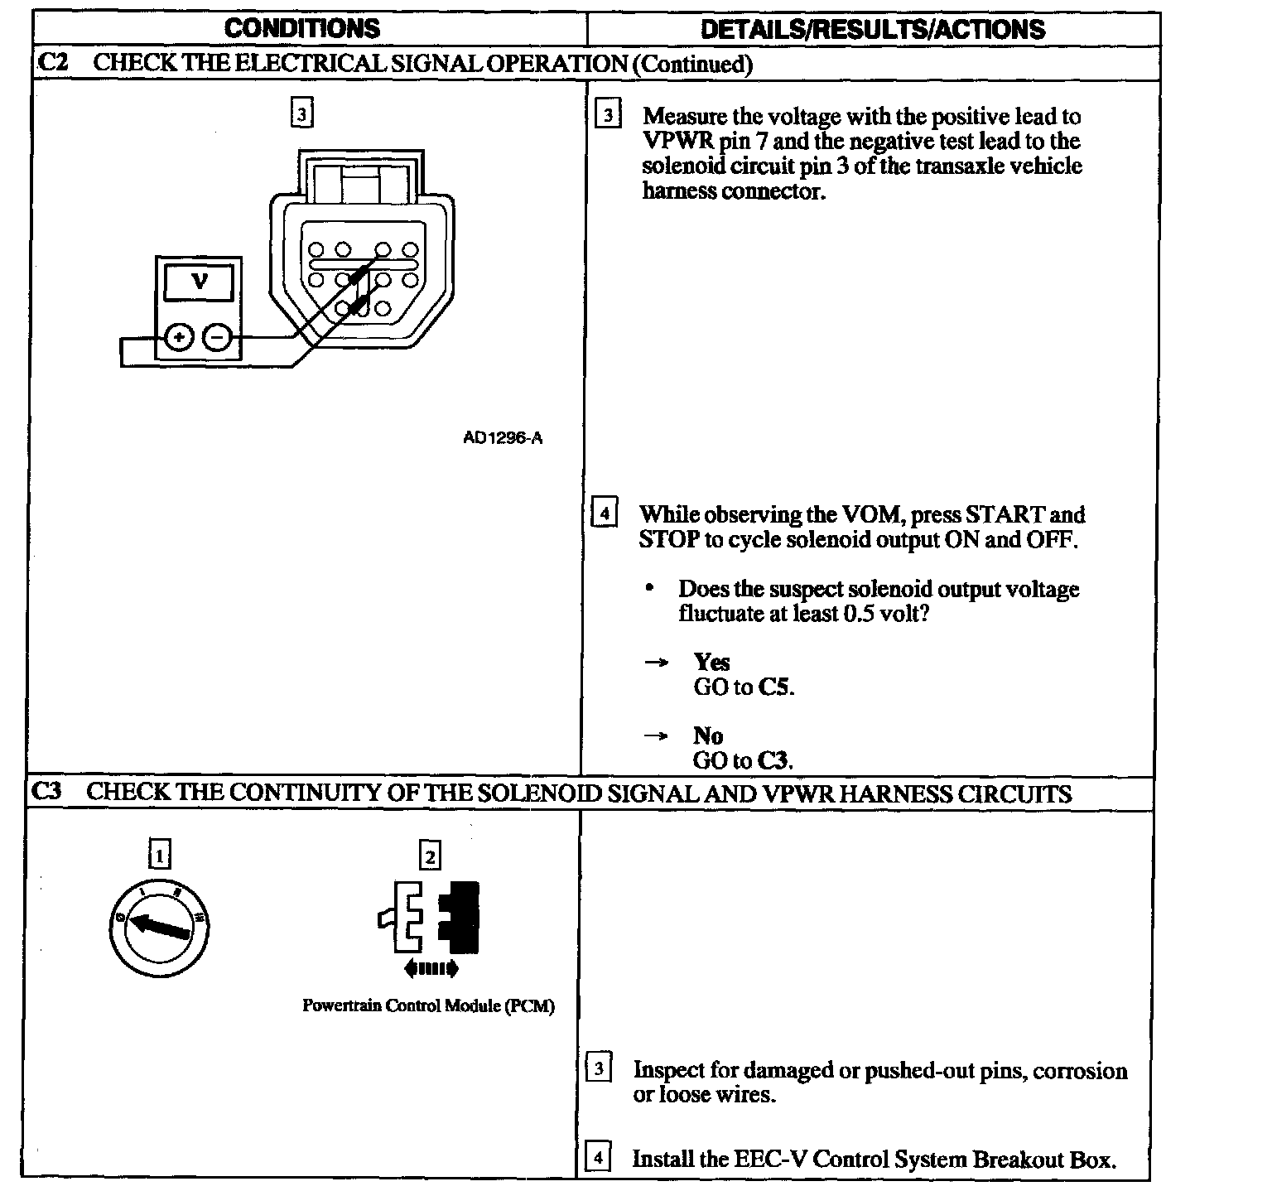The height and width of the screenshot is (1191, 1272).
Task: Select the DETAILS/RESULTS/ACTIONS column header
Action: [872, 30]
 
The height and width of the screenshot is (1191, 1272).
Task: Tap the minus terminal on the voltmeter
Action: [217, 337]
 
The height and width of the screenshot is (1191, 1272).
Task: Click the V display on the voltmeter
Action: [200, 282]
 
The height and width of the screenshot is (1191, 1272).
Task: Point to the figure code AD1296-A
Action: [502, 438]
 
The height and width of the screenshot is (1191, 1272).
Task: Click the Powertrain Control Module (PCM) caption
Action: [428, 1005]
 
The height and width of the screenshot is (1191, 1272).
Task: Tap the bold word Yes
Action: [711, 662]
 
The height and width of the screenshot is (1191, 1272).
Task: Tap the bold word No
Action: [708, 735]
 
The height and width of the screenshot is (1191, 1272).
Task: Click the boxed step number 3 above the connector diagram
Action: [302, 113]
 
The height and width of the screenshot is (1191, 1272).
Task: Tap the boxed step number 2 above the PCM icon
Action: [430, 855]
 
